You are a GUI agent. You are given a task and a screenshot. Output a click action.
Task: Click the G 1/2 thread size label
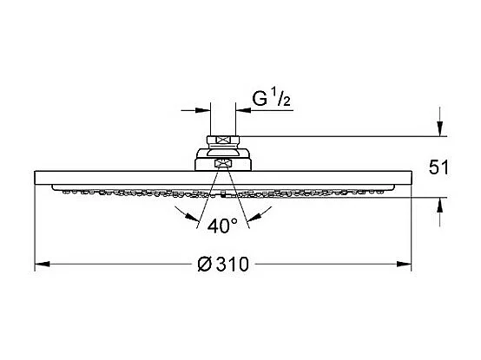tap(272, 97)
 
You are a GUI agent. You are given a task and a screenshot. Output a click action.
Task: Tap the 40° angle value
tap(223, 226)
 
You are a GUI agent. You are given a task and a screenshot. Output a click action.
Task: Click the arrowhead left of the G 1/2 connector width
tap(204, 110)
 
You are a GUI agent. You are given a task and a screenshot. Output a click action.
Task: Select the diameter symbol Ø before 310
tap(204, 265)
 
